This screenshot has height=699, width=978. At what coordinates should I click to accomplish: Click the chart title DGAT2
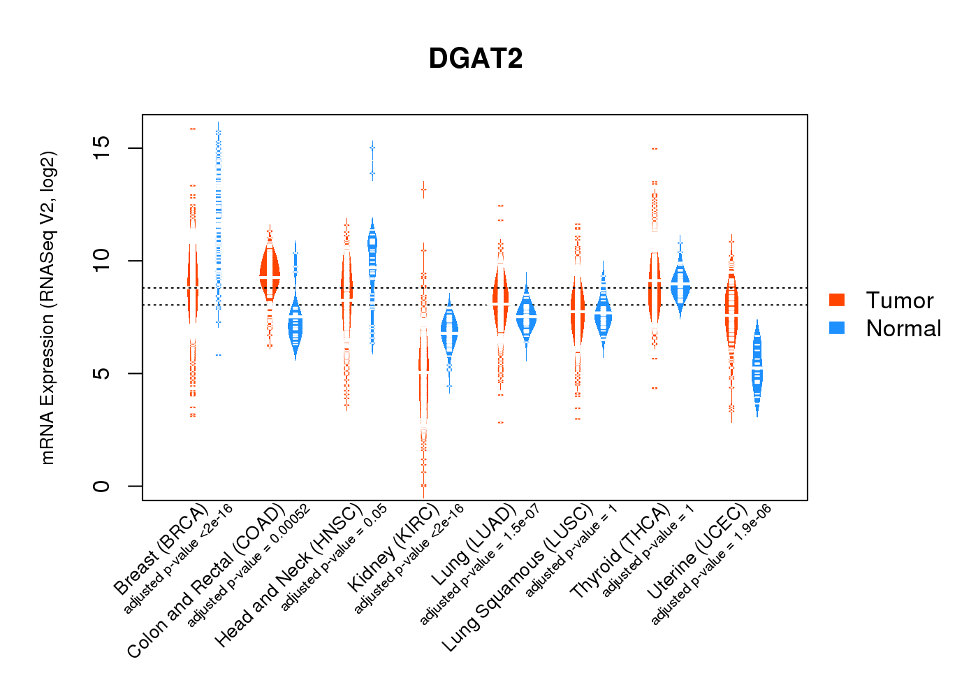click(476, 59)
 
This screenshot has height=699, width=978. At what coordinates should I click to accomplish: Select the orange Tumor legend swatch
click(837, 300)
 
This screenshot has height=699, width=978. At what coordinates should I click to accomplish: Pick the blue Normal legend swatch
click(837, 328)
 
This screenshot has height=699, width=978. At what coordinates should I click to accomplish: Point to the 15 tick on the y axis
click(102, 148)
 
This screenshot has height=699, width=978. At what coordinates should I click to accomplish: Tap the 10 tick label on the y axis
click(102, 261)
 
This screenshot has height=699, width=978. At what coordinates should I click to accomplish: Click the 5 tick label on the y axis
click(102, 373)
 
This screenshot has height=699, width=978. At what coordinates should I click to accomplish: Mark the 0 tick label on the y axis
click(102, 486)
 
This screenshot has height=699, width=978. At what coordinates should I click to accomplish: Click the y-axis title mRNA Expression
click(48, 308)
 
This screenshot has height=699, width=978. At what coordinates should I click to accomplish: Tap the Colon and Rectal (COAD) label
click(206, 580)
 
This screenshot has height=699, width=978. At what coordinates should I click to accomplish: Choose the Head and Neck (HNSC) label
click(288, 575)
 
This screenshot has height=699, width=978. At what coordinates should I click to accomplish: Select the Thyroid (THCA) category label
click(620, 552)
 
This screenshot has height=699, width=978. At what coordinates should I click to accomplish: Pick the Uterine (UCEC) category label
click(696, 552)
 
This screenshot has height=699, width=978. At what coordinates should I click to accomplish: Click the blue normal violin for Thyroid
click(680, 283)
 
